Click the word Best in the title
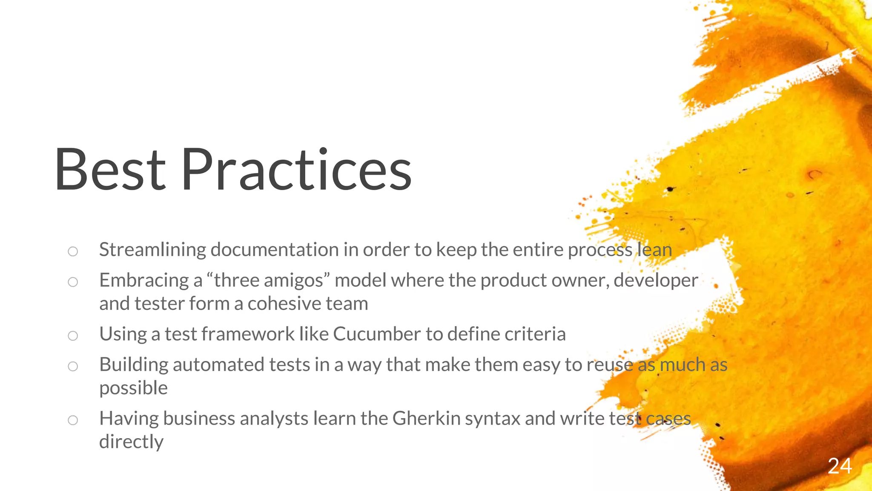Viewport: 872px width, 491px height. tap(110, 170)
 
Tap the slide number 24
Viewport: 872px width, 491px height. tap(840, 466)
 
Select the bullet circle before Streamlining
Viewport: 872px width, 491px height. tap(73, 251)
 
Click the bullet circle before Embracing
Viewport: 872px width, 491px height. tap(73, 282)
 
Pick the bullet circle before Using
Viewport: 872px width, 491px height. tap(73, 335)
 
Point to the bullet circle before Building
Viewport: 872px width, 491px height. tap(73, 366)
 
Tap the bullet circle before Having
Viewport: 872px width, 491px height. tap(73, 420)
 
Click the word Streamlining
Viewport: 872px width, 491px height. tap(152, 250)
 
